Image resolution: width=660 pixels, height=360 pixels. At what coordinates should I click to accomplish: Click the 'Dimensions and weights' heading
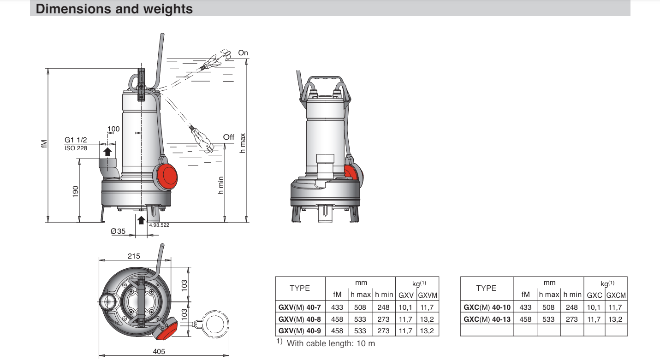(114, 9)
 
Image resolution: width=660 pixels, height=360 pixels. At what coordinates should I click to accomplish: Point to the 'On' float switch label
(243, 53)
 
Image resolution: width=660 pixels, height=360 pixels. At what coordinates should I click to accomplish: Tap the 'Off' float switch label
(229, 137)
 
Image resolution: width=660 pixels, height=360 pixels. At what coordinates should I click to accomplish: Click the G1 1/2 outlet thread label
(76, 140)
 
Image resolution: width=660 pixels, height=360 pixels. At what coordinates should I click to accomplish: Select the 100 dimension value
(113, 129)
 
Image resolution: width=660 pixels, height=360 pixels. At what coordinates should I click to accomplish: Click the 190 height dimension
(76, 192)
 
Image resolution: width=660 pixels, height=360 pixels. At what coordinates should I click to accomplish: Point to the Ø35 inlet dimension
(118, 231)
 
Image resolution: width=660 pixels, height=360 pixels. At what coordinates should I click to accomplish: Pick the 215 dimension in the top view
(134, 256)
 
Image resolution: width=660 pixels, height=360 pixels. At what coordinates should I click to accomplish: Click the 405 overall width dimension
(159, 351)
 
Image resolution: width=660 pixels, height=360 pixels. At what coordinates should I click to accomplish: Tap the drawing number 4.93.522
(159, 225)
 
